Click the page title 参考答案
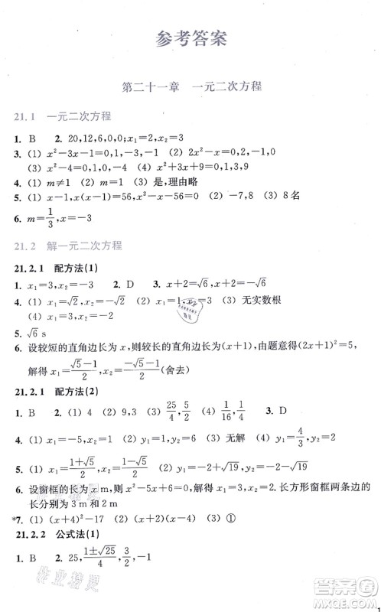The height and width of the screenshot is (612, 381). point(190,39)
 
